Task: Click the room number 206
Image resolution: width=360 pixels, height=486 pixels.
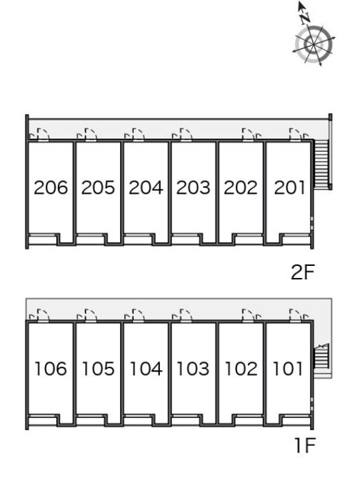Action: pyautogui.click(x=51, y=187)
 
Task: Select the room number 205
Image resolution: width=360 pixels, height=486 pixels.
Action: pyautogui.click(x=98, y=187)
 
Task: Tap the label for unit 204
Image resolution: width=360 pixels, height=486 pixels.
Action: pyautogui.click(x=146, y=187)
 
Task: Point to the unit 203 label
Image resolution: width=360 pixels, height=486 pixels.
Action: pyautogui.click(x=193, y=187)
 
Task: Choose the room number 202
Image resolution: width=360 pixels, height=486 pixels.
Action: pyautogui.click(x=241, y=187)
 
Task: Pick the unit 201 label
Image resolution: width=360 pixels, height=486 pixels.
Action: pyautogui.click(x=289, y=187)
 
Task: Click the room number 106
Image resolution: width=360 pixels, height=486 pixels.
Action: pyautogui.click(x=51, y=369)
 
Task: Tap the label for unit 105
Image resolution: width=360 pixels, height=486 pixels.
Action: pyautogui.click(x=98, y=369)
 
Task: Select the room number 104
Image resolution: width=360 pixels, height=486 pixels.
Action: pyautogui.click(x=146, y=369)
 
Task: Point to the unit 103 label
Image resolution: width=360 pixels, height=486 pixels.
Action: pyautogui.click(x=193, y=369)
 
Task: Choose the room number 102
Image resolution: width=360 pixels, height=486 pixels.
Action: pyautogui.click(x=241, y=369)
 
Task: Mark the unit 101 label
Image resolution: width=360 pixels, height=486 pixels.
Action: pyautogui.click(x=287, y=369)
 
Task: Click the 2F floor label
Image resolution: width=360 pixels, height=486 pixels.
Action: pyautogui.click(x=303, y=272)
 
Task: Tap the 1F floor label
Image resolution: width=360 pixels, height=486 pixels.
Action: pyautogui.click(x=304, y=445)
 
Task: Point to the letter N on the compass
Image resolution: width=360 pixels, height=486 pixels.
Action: pyautogui.click(x=305, y=19)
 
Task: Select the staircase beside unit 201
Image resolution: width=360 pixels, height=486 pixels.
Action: pyautogui.click(x=321, y=164)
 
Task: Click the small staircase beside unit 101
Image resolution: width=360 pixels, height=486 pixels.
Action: pyautogui.click(x=321, y=357)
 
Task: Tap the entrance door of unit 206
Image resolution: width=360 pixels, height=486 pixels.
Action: pyautogui.click(x=43, y=135)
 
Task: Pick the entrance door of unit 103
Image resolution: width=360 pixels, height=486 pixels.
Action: pyautogui.click(x=186, y=316)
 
